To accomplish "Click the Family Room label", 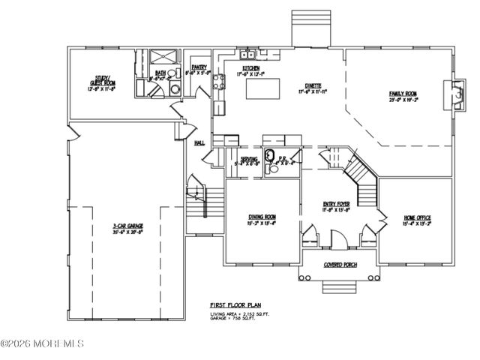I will (402, 94).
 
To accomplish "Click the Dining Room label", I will (262, 218).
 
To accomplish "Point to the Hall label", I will (199, 142).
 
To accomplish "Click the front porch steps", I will (339, 289).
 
